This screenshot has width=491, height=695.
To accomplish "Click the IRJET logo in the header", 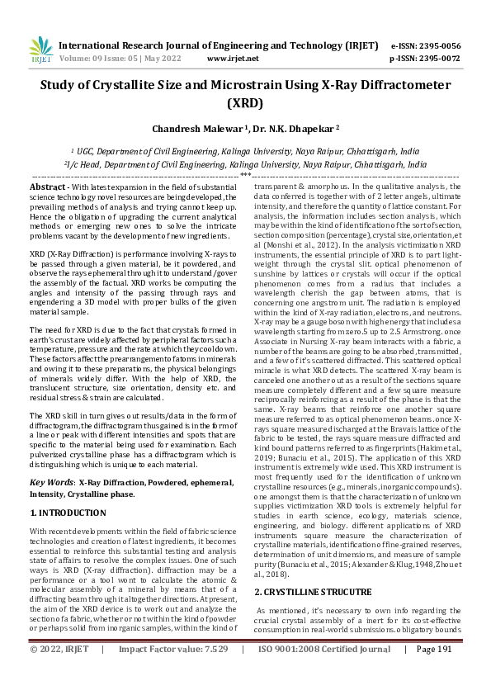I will pos(41,51).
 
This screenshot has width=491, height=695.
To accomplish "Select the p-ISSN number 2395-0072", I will pos(437,59).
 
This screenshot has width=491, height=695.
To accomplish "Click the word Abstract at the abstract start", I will pos(48,188).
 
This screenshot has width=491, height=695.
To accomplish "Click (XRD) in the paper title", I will pos(245,104).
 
